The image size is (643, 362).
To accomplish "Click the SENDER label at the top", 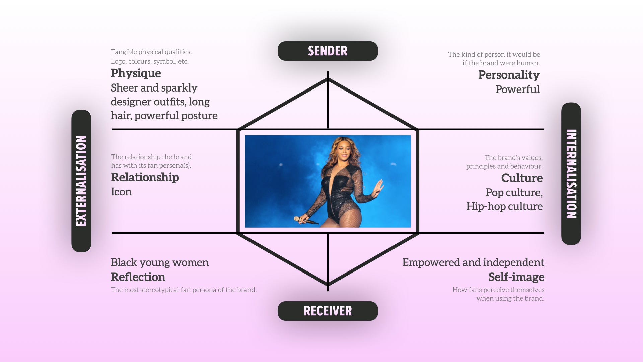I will point(328,51).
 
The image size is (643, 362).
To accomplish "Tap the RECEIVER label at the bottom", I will point(328,311).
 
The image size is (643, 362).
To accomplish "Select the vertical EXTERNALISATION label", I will point(81,181).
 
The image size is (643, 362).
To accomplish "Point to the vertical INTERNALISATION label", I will point(571,174).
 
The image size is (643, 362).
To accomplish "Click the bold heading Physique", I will point(136,73).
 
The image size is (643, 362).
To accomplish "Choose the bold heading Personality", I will point(509,75).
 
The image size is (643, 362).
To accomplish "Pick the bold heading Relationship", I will point(145,177).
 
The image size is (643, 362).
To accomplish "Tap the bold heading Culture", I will point(521,178).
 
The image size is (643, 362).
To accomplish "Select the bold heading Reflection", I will point(138,277).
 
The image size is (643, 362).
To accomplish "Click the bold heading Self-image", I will point(516,277).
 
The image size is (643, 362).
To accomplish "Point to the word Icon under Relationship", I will point(121,192).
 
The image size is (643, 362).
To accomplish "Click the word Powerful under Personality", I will point(517,89).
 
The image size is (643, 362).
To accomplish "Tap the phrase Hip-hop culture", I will point(504,206).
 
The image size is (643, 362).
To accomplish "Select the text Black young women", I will point(159,262).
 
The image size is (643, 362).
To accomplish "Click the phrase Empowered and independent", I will point(473,262).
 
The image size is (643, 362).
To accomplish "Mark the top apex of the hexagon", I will point(328,79).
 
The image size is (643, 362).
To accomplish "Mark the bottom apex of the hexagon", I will point(328,285).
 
